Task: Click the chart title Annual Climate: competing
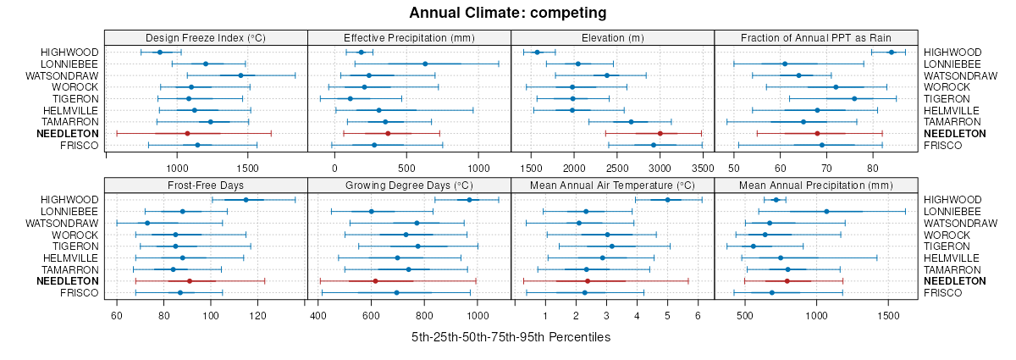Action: pos(507,13)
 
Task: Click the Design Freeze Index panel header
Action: pos(206,37)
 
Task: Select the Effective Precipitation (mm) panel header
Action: pos(409,37)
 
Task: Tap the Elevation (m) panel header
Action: pos(613,37)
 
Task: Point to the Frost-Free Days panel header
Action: pos(206,185)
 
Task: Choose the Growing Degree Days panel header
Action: pos(409,185)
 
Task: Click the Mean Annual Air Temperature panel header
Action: pos(613,185)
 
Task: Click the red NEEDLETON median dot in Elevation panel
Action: pos(660,134)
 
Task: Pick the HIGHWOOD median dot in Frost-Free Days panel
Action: pos(246,200)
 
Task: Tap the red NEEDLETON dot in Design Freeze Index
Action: pos(187,134)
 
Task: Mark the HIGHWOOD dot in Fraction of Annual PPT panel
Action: pos(891,53)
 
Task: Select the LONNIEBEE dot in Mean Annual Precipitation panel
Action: pos(826,211)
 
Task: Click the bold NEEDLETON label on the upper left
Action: pos(70,134)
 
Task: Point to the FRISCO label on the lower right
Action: pos(941,293)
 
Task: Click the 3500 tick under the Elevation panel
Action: pos(703,169)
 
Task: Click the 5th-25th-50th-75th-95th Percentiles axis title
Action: pos(511,337)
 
